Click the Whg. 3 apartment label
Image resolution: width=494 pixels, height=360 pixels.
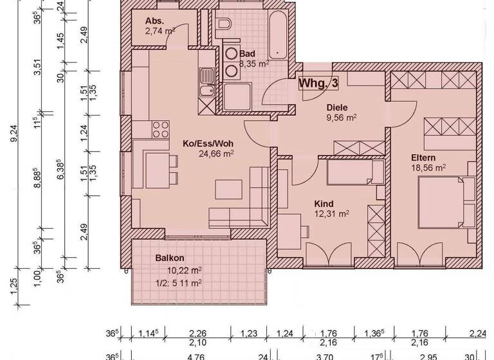[318, 83]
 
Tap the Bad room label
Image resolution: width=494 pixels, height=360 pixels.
[248, 54]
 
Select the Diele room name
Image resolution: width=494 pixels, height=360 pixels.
[337, 108]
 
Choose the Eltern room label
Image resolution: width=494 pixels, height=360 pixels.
[424, 157]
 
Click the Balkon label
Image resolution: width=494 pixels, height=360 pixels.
[170, 258]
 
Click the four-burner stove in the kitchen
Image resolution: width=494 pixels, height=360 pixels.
[158, 130]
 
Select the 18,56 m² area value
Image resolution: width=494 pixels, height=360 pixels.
[428, 168]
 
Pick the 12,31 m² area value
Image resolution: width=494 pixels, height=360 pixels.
[331, 213]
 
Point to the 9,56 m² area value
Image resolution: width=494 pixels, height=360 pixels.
[342, 118]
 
